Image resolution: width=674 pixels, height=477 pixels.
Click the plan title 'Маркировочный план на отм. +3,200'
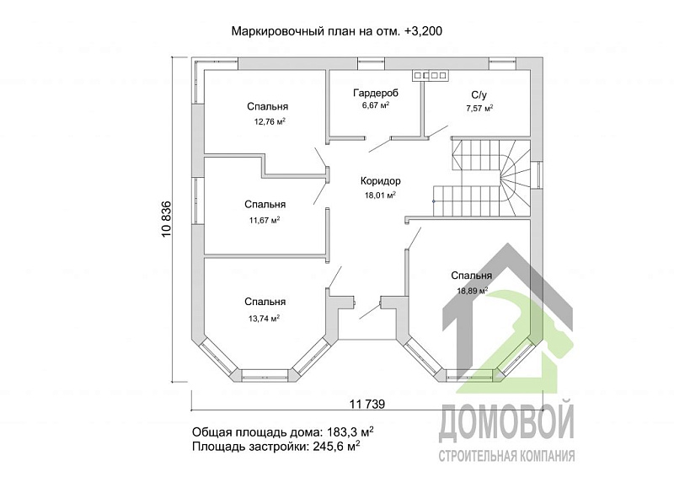click(x=337, y=31)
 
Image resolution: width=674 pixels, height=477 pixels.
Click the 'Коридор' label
click(x=380, y=181)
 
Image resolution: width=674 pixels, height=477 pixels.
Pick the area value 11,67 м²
click(x=265, y=220)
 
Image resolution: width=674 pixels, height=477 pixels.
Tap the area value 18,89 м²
click(x=473, y=291)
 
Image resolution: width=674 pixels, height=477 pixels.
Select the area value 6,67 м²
click(x=376, y=106)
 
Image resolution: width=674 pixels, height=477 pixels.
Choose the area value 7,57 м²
click(x=479, y=108)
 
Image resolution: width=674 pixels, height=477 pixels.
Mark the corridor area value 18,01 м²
click(x=379, y=195)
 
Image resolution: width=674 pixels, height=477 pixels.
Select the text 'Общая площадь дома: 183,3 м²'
click(x=283, y=431)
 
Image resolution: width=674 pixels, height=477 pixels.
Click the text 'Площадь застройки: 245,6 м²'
click(x=276, y=447)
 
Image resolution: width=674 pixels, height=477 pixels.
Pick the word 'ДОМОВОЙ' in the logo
click(x=505, y=421)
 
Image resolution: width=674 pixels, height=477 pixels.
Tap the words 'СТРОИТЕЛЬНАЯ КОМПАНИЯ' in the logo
click(x=507, y=456)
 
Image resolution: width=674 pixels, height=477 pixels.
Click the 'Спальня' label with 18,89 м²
click(x=472, y=276)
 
